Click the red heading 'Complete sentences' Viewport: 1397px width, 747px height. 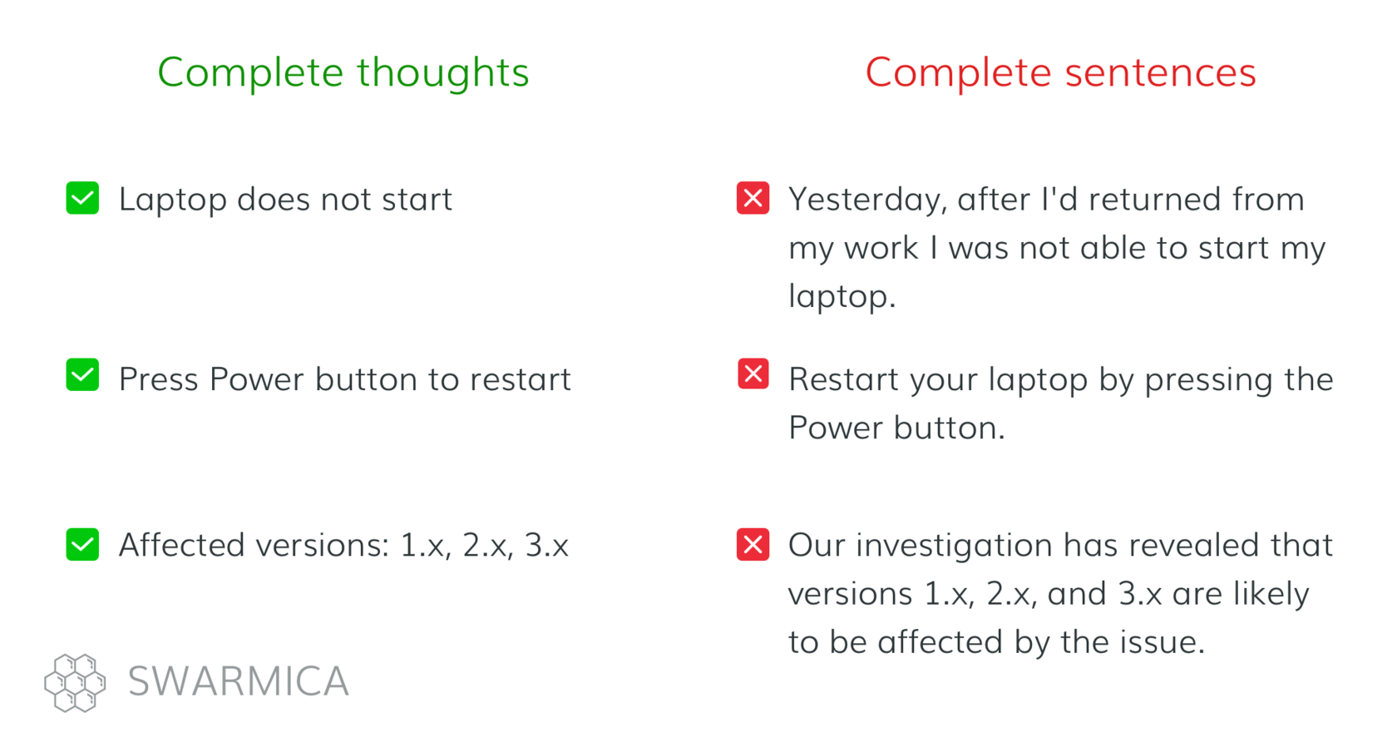(x=1060, y=72)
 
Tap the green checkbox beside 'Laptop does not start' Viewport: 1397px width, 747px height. (x=82, y=198)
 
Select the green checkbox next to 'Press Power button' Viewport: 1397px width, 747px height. (x=82, y=374)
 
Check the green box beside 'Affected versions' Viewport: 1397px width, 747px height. (x=82, y=544)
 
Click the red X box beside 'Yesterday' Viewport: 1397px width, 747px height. (x=753, y=198)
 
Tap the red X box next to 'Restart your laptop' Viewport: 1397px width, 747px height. (x=753, y=373)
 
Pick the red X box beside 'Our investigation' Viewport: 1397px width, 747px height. (x=753, y=544)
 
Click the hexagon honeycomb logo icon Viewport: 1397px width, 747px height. (x=75, y=683)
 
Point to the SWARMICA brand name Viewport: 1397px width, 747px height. (x=238, y=680)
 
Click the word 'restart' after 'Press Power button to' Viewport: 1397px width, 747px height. (x=521, y=379)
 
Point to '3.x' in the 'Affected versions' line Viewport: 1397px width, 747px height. (x=546, y=546)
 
